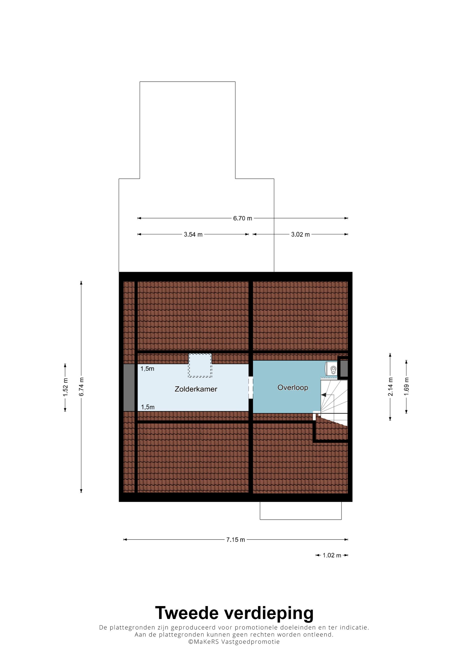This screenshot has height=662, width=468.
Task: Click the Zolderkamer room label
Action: tap(196, 389)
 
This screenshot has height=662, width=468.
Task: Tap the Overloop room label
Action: tap(293, 388)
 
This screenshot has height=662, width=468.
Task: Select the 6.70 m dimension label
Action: tap(242, 218)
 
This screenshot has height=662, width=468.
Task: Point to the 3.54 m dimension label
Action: tap(193, 234)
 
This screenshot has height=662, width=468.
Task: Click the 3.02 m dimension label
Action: tap(300, 234)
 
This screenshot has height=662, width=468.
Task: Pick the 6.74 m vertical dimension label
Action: tap(81, 386)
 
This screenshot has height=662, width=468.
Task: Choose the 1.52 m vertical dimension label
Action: tap(65, 387)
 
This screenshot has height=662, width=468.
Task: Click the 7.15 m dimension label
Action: tap(235, 540)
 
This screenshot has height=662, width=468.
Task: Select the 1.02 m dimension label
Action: tap(332, 555)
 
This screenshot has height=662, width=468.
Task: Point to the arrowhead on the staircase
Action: tap(324, 395)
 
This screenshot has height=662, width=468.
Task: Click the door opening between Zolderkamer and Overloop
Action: tap(251, 388)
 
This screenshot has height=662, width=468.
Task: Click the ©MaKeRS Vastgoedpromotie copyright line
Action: tap(234, 641)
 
